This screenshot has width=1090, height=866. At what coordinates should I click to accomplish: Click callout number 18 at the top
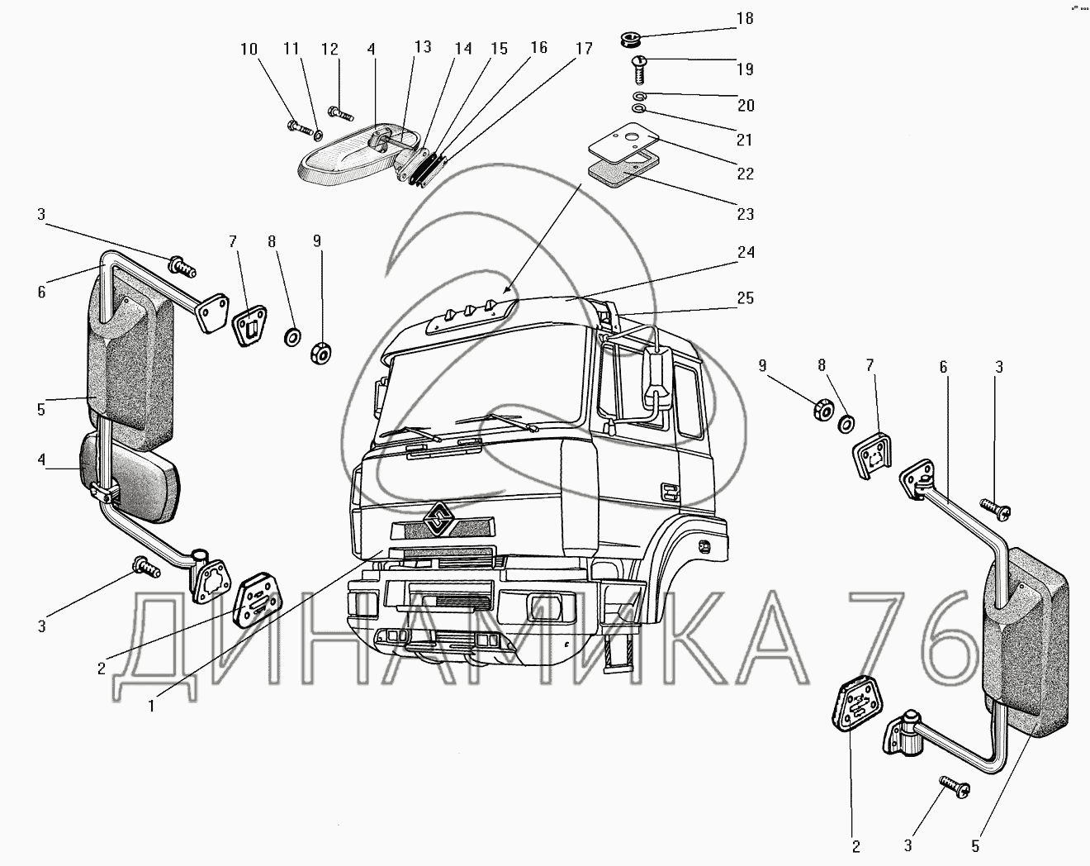pos(745,18)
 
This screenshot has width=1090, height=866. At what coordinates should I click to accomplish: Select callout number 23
pos(745,214)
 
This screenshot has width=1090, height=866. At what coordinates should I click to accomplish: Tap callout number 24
pos(746,252)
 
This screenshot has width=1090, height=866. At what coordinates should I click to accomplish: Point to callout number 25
pos(746,297)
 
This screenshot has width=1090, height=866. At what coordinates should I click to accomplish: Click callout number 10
pos(249,50)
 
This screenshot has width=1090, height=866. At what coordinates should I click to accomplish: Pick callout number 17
pos(584,49)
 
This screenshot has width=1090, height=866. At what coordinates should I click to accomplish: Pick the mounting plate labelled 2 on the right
pos(856,706)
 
